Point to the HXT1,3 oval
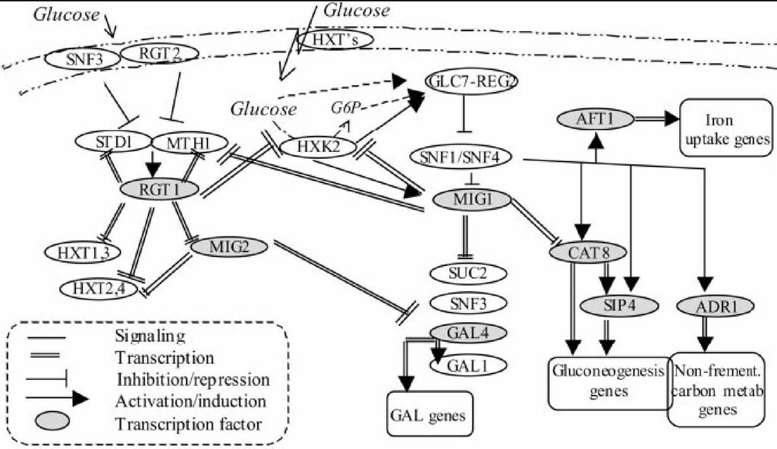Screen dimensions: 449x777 [x=79, y=251]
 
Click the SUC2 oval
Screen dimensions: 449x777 [x=469, y=272]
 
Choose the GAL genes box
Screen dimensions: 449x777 [x=430, y=414]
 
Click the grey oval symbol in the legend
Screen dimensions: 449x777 [x=49, y=419]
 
